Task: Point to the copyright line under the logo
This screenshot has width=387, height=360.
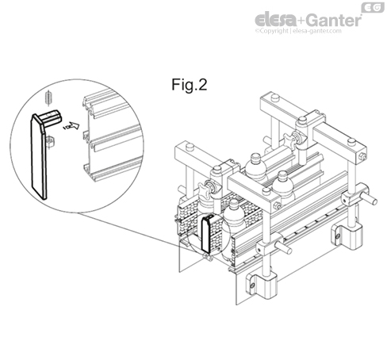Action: click(x=297, y=31)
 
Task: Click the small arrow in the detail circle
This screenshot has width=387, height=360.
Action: click(x=73, y=124)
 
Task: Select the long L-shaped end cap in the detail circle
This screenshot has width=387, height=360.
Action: click(x=40, y=155)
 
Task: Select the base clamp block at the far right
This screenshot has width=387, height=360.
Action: click(x=350, y=232)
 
